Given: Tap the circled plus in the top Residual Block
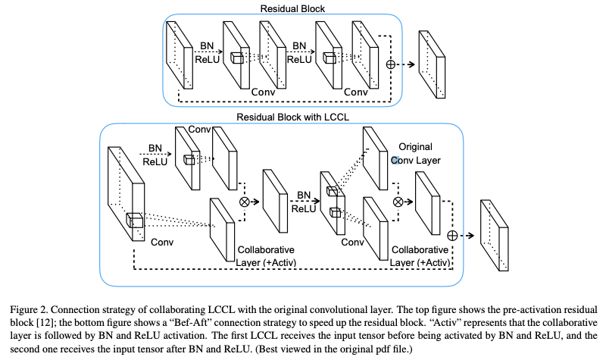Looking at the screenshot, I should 392,64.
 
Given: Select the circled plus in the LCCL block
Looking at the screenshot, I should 452,235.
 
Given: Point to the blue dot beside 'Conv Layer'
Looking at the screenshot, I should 395,160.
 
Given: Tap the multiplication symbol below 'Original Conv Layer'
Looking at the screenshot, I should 398,203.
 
